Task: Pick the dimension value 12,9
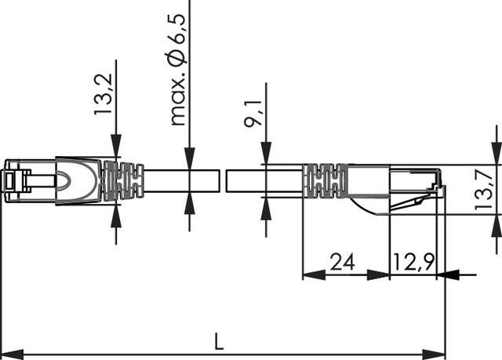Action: pyautogui.click(x=413, y=261)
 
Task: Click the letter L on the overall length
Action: pyautogui.click(x=219, y=341)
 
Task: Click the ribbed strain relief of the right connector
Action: pyautogui.click(x=325, y=180)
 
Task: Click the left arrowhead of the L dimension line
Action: pyautogui.click(x=11, y=353)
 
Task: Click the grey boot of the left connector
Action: pyautogui.click(x=78, y=180)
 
